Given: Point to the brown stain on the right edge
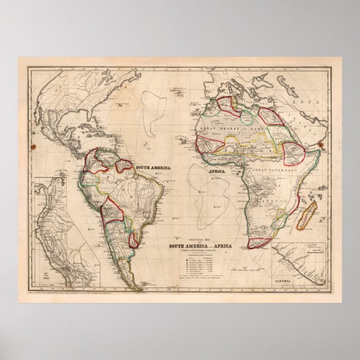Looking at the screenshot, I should pos(322,145).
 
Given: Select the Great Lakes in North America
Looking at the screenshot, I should pos(78,87).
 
